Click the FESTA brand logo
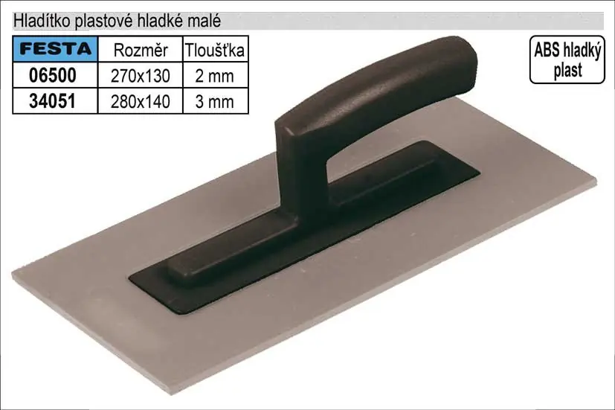[x=55, y=49]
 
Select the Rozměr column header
[x=141, y=51]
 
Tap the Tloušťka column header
[x=215, y=51]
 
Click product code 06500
[x=53, y=75]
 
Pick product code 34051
[x=52, y=101]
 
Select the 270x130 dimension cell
[x=141, y=76]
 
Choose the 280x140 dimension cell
[x=141, y=102]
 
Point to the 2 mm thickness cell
[x=215, y=76]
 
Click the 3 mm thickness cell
[x=215, y=102]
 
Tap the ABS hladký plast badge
[x=567, y=60]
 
